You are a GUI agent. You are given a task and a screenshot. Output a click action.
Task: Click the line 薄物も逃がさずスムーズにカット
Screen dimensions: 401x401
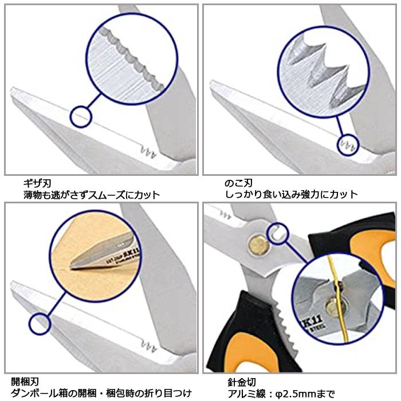tap(92, 195)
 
